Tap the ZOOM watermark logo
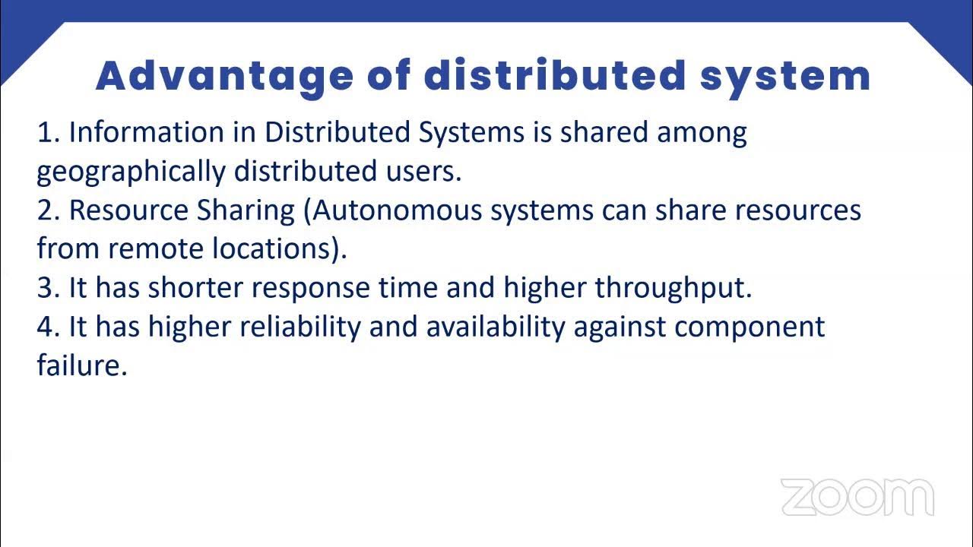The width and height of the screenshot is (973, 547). pyautogui.click(x=857, y=498)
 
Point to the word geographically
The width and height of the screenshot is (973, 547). pyautogui.click(x=131, y=172)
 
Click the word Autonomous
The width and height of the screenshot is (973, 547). pyautogui.click(x=397, y=210)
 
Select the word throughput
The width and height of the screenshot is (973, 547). pyautogui.click(x=673, y=289)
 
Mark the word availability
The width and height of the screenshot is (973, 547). pyautogui.click(x=496, y=327)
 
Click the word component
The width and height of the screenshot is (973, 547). pyautogui.click(x=750, y=327)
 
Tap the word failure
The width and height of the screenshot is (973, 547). pyautogui.click(x=81, y=365)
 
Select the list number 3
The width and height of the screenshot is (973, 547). pyautogui.click(x=48, y=288)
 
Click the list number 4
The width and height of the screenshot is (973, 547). pyautogui.click(x=48, y=327)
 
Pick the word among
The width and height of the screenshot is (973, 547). pyautogui.click(x=702, y=134)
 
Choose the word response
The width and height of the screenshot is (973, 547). pyautogui.click(x=314, y=289)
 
